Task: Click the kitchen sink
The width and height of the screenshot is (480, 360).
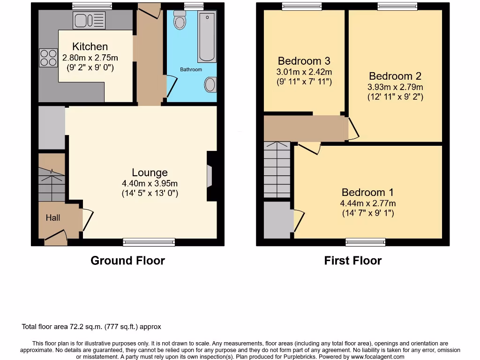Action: pyautogui.click(x=89, y=20)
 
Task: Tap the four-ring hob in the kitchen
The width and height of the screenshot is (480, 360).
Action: pyautogui.click(x=48, y=58)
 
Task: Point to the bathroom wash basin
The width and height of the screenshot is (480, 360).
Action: pyautogui.click(x=210, y=85)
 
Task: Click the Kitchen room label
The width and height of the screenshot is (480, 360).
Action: pyautogui.click(x=90, y=46)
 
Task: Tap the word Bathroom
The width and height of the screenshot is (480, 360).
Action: pyautogui.click(x=191, y=69)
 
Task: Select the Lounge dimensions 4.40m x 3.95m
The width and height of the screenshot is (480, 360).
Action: pyautogui.click(x=150, y=183)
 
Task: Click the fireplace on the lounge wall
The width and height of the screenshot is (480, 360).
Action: pyautogui.click(x=210, y=176)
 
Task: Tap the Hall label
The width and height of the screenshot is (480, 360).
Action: pyautogui.click(x=53, y=217)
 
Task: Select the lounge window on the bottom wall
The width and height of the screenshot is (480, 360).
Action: pyautogui.click(x=149, y=242)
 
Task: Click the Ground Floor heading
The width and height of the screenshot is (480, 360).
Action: pyautogui.click(x=127, y=261)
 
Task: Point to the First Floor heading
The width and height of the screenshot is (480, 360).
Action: pyautogui.click(x=352, y=261)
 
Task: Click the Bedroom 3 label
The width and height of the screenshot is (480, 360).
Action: pyautogui.click(x=304, y=61)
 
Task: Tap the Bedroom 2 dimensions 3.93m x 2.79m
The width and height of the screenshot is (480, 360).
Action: pyautogui.click(x=395, y=87)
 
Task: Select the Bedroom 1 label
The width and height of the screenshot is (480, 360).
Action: pyautogui.click(x=367, y=192)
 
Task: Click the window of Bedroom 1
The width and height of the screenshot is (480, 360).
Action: pyautogui.click(x=366, y=242)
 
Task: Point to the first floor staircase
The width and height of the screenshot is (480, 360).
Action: pyautogui.click(x=277, y=170)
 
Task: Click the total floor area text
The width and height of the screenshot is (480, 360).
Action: pyautogui.click(x=91, y=327)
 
